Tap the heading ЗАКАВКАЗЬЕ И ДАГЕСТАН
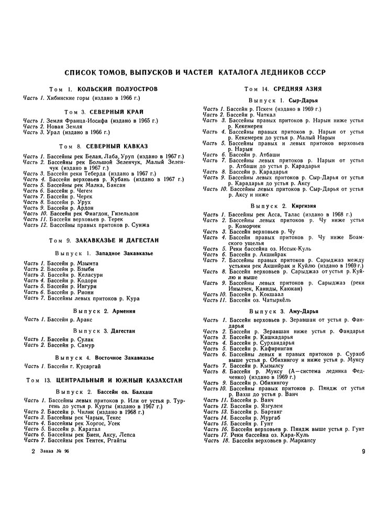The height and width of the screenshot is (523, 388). point(127,240)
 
